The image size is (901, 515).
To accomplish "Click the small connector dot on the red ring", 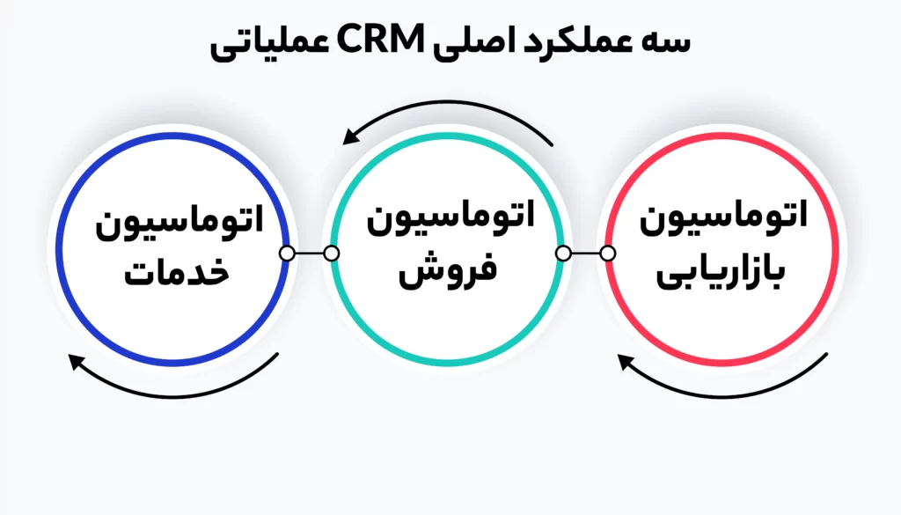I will (607, 254).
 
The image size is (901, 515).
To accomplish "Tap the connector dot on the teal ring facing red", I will (562, 254).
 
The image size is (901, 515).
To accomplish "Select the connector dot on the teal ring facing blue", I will (332, 254).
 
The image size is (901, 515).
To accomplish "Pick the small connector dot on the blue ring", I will (287, 254).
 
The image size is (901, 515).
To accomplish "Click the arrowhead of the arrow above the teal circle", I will (351, 136).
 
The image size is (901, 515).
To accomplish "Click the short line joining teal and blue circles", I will (309, 254).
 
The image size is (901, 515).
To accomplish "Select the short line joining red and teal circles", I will (585, 254).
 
